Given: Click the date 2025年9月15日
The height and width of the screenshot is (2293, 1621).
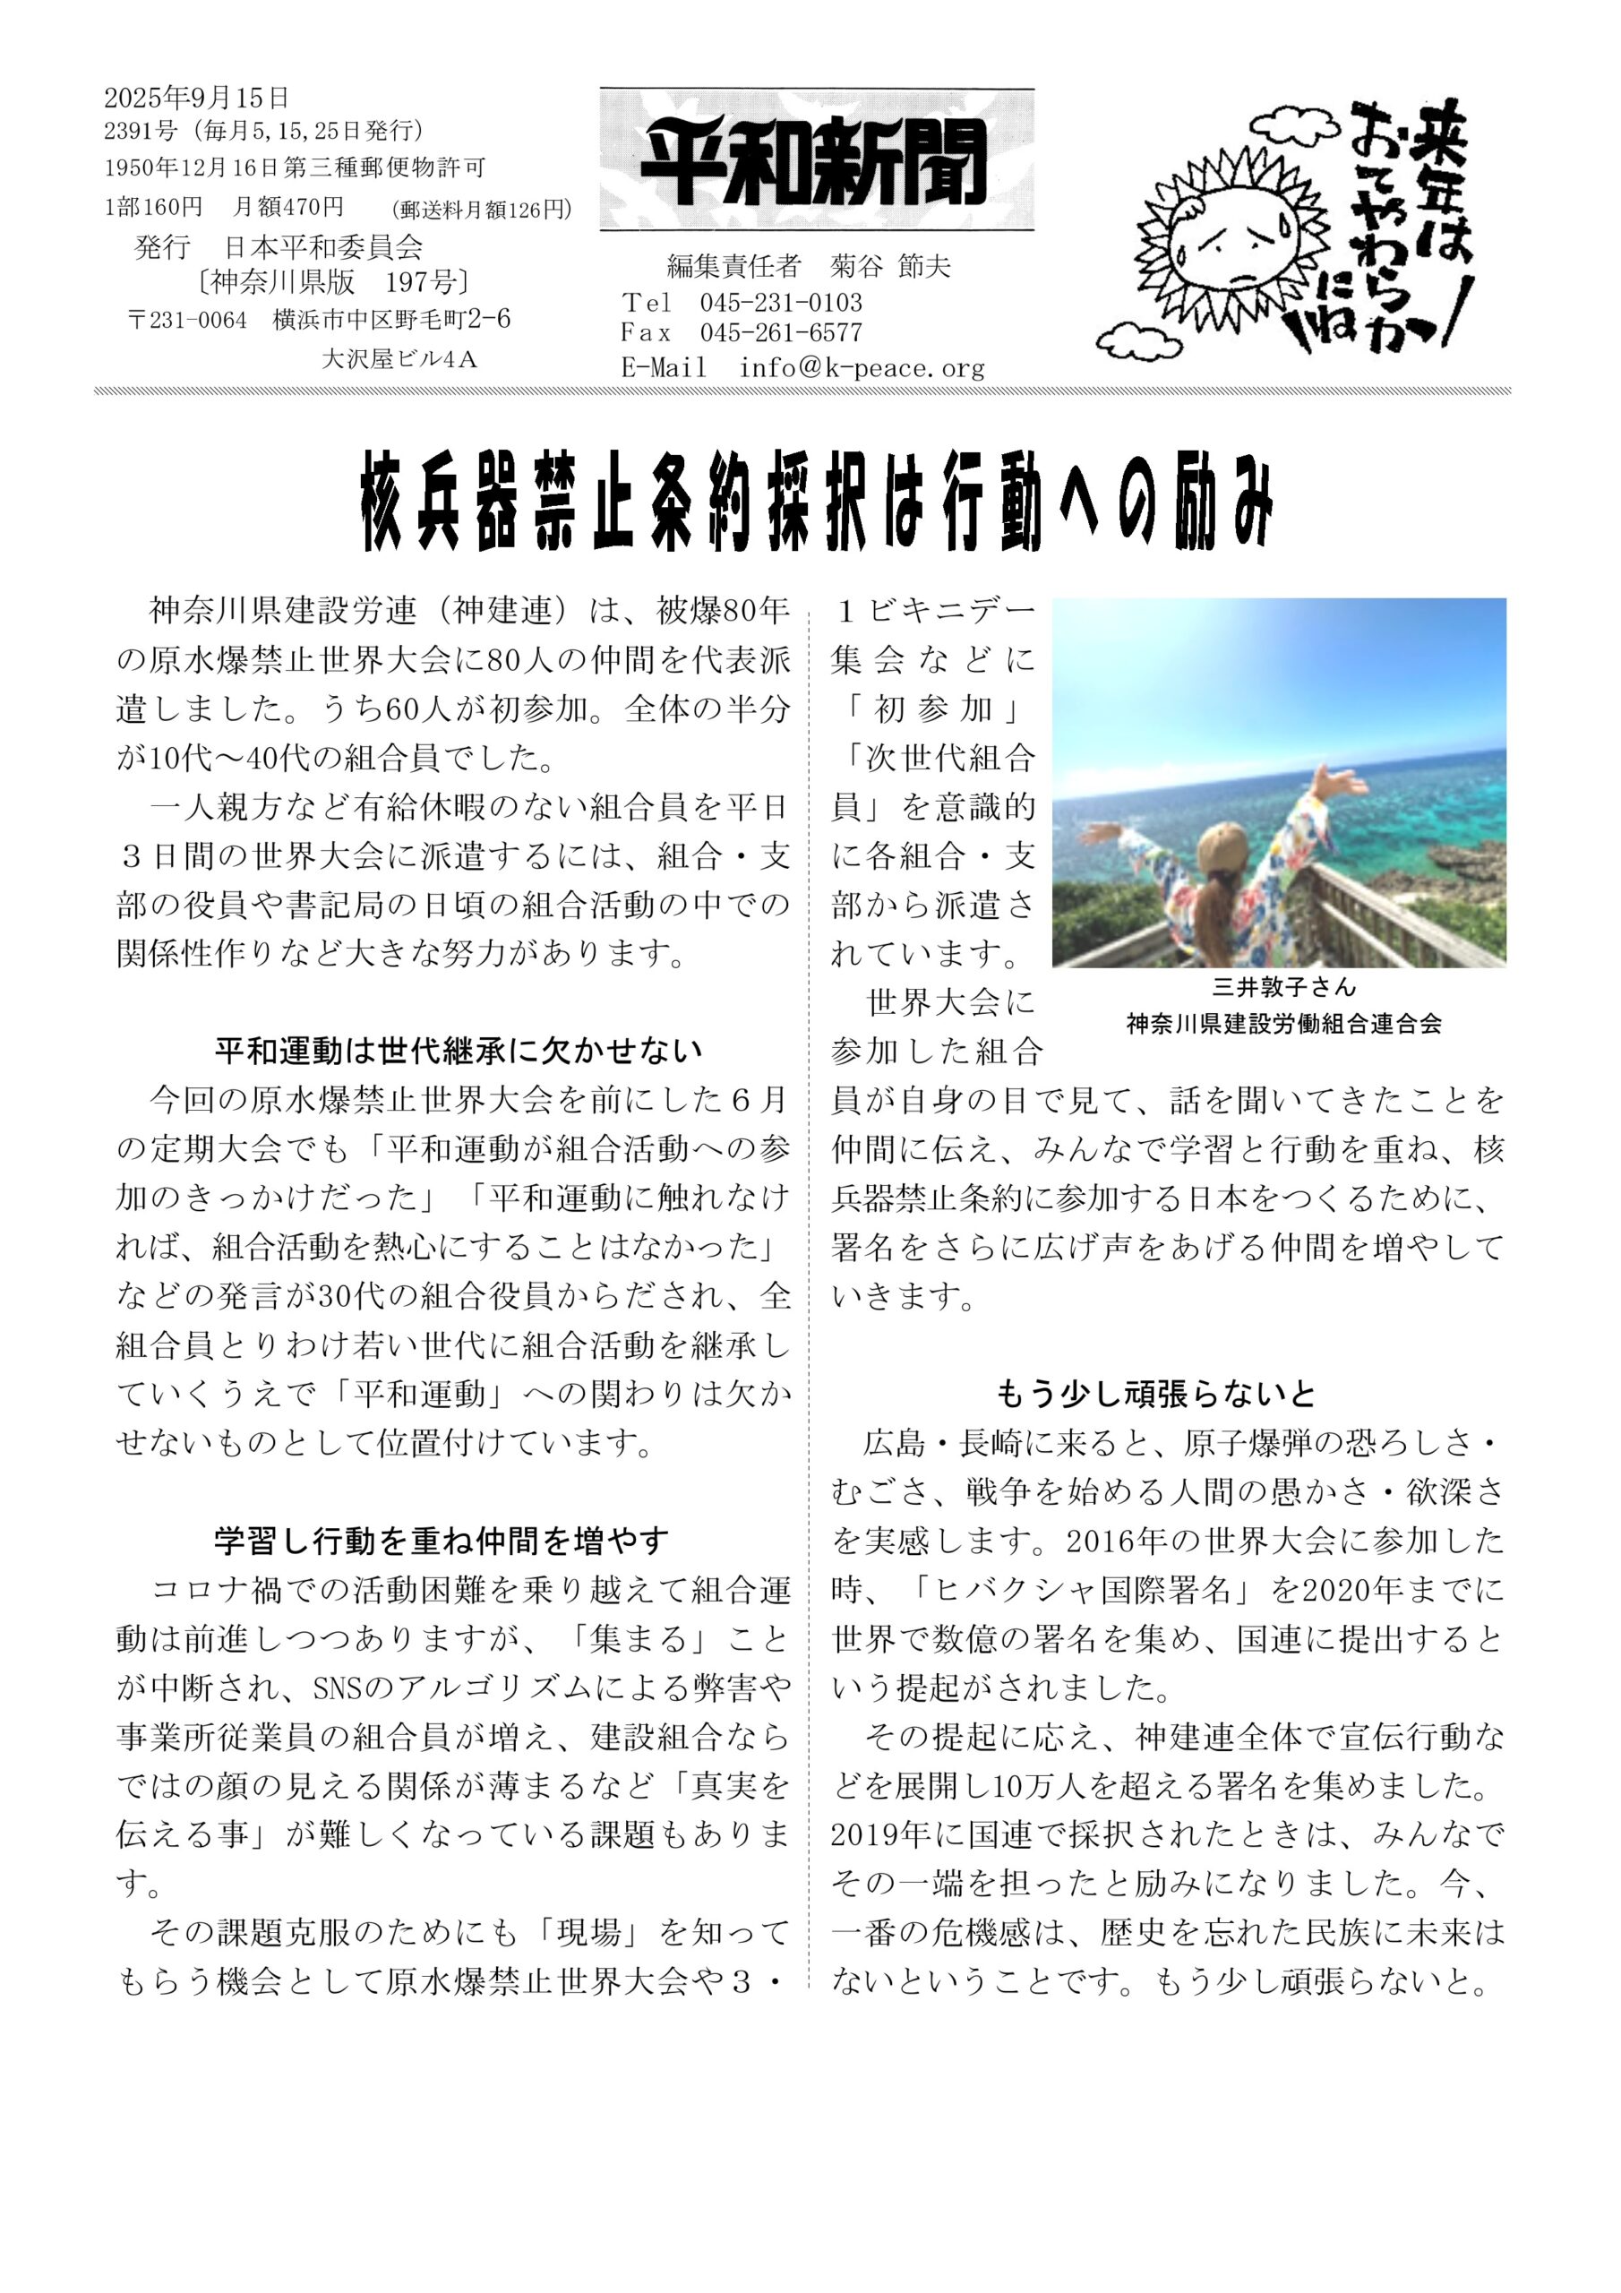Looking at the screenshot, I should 197,97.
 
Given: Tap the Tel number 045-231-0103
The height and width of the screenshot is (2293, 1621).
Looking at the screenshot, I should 780,303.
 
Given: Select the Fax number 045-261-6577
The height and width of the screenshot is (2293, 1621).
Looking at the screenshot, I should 780,332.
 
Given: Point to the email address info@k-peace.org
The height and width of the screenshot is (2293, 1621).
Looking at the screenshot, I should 861,367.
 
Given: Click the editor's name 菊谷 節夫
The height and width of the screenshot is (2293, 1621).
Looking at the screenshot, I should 890,266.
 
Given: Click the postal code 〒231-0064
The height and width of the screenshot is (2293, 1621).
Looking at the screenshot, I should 188,320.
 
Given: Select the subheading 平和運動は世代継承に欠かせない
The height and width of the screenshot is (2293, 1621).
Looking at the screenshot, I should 459,1051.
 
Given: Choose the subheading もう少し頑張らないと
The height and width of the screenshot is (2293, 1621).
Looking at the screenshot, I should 1155,1393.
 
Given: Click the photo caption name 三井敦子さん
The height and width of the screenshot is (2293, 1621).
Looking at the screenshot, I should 1283,987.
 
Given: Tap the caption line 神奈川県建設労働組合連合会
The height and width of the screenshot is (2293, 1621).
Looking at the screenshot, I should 1283,1023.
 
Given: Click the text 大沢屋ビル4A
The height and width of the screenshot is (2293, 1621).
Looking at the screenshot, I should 399,358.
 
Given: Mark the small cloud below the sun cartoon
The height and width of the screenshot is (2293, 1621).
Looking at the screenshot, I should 1138,344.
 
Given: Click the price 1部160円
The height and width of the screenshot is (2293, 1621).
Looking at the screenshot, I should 153,207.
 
